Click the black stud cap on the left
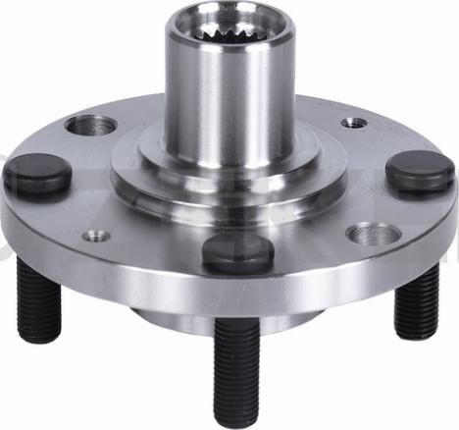tap(37, 175)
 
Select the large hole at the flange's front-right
tap(372, 235)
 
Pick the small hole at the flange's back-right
tap(354, 123)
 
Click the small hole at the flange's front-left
tap(96, 236)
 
